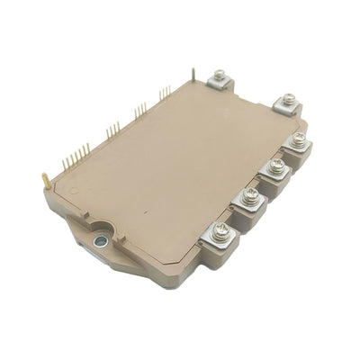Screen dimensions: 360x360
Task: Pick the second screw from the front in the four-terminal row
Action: (x=251, y=194)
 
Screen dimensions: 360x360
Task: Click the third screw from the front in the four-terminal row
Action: (x=274, y=165)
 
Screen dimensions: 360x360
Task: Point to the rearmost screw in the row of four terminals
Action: (x=296, y=139)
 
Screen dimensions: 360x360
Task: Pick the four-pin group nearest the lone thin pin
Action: (x=164, y=93)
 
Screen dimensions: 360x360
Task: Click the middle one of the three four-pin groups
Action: (x=139, y=111)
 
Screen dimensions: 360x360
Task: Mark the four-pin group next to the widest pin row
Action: (x=112, y=132)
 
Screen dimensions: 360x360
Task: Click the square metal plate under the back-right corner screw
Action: (x=287, y=105)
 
